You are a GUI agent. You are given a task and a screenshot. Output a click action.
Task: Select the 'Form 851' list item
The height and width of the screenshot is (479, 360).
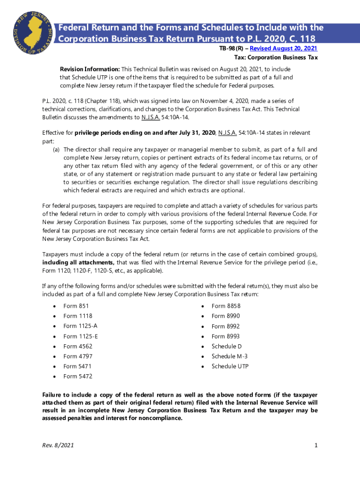click(x=76, y=306)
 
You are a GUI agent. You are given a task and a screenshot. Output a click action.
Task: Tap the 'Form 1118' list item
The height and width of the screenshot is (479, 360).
click(x=78, y=316)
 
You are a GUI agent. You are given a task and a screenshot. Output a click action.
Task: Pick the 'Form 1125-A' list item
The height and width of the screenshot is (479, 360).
click(x=80, y=326)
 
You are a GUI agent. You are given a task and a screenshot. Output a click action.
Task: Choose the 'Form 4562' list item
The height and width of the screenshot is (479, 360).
click(x=78, y=346)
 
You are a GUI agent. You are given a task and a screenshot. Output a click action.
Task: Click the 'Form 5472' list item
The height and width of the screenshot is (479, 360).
click(x=78, y=376)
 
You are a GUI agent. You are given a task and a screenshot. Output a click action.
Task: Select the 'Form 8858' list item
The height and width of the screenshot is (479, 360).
click(x=226, y=306)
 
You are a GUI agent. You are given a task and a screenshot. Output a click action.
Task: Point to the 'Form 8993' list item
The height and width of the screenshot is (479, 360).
click(x=226, y=336)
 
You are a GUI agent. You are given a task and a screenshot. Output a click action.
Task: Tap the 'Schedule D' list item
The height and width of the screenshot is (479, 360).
click(x=227, y=346)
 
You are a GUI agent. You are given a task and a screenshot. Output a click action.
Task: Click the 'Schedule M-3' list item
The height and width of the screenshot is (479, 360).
click(x=230, y=356)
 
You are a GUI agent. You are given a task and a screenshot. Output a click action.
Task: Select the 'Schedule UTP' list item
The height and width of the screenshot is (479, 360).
click(x=230, y=366)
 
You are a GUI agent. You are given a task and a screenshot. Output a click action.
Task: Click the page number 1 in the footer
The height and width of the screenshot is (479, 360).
click(x=316, y=445)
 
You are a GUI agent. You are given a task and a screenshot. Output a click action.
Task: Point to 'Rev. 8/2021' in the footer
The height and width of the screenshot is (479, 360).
click(x=58, y=445)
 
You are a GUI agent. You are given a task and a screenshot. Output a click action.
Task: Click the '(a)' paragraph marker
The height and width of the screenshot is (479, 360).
click(x=56, y=150)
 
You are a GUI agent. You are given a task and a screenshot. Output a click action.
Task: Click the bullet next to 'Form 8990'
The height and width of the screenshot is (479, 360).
click(x=202, y=316)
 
